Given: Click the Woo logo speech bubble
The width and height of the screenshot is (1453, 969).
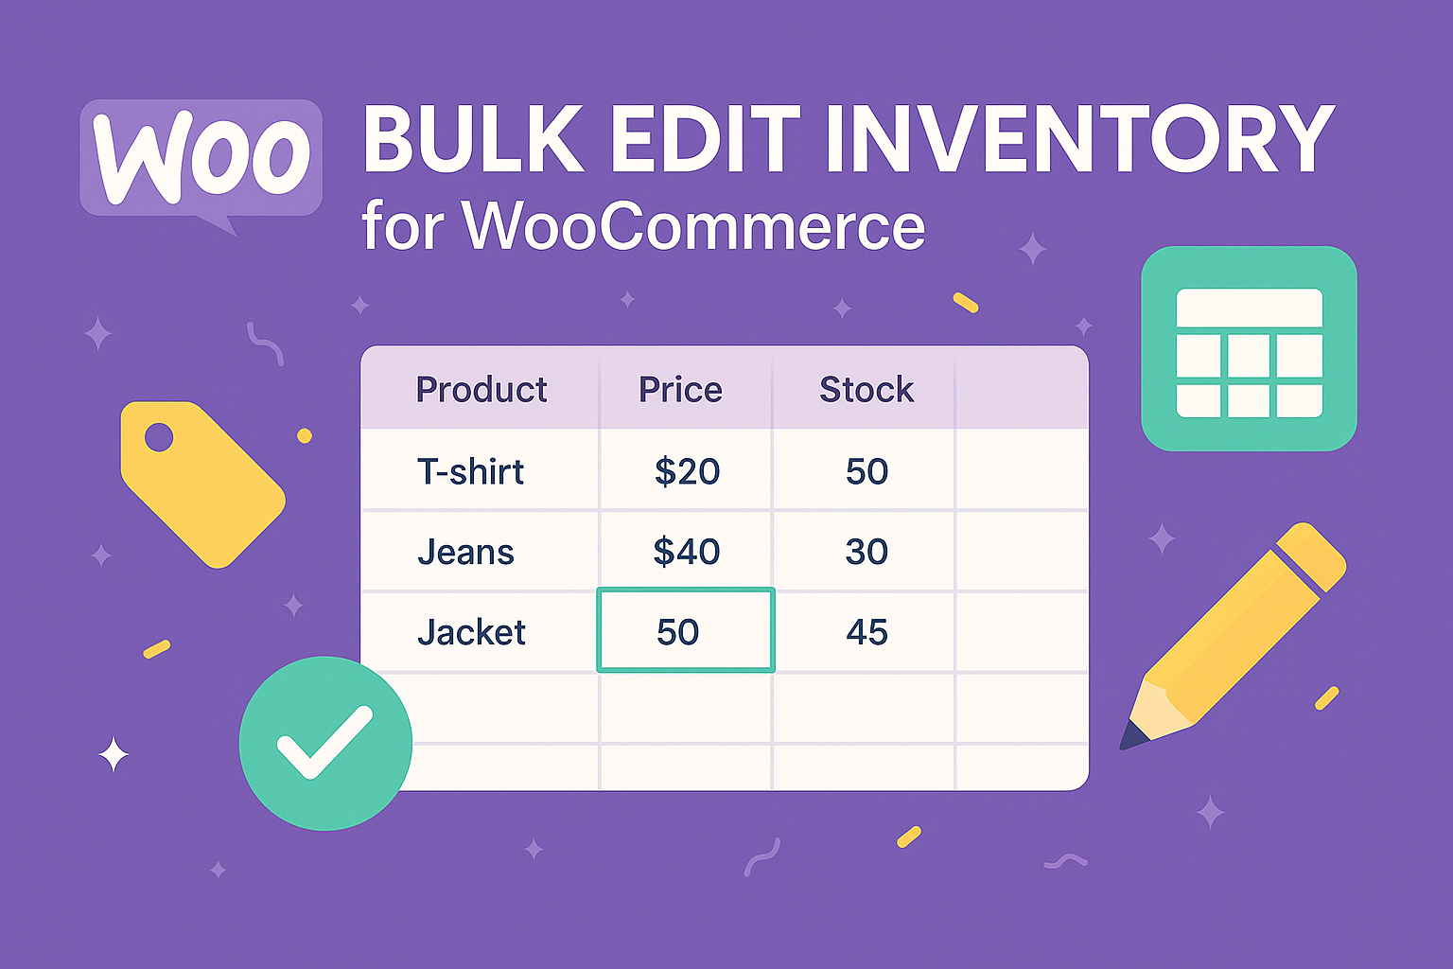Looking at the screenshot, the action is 201,159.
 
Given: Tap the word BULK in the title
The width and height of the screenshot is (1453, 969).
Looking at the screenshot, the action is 474,138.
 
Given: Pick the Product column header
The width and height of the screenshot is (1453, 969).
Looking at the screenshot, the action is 481,390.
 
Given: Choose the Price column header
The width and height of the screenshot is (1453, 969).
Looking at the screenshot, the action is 680,390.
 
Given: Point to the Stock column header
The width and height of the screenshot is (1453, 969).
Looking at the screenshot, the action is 867,390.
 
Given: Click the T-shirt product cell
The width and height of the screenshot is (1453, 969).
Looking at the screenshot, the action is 470,470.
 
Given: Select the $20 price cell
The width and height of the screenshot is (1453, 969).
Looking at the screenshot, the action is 687,471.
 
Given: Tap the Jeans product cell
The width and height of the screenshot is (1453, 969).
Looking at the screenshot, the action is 465,552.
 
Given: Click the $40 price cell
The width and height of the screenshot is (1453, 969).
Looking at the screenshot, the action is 686,552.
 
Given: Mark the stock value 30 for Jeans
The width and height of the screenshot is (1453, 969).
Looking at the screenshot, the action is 867,552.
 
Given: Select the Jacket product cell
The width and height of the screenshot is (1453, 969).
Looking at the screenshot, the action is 471,631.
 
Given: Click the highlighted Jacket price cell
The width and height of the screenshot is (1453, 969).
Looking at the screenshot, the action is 686,629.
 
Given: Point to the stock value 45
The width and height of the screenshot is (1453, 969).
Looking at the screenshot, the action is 867,631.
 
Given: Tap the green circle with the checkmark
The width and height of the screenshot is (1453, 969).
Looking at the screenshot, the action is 325,743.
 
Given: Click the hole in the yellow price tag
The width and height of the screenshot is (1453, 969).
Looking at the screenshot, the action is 159,437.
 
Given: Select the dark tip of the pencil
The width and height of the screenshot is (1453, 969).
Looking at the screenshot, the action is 1133,736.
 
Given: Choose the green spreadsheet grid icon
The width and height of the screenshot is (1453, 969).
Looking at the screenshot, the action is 1249,348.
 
